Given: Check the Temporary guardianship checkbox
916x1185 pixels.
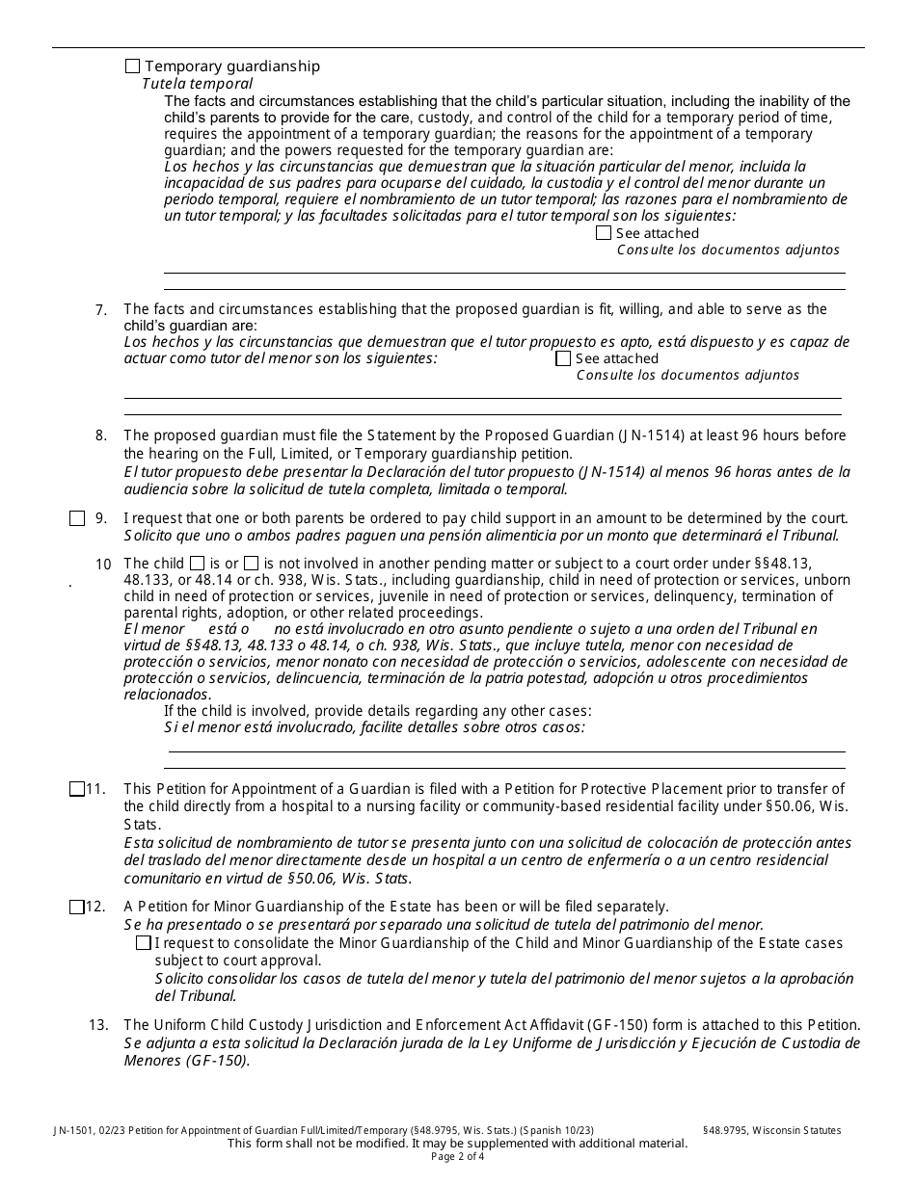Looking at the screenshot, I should (x=133, y=66).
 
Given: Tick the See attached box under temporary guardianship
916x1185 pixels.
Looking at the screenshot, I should (x=604, y=233).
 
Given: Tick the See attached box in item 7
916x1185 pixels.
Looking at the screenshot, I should (x=564, y=358).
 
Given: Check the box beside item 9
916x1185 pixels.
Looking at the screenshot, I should (x=77, y=518).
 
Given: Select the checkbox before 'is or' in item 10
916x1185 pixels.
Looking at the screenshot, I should (x=198, y=563).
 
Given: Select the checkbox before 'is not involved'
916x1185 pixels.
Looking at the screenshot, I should (x=251, y=563).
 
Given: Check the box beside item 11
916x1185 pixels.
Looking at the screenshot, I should (x=77, y=789).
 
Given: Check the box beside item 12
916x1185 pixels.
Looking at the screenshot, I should (x=77, y=907).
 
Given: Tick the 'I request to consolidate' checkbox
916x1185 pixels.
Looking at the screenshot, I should (x=144, y=942).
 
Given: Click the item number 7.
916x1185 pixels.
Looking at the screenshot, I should (x=101, y=310).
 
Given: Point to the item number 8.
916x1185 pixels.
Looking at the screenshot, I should (x=101, y=435).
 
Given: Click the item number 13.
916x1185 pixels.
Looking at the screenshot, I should (x=98, y=1025).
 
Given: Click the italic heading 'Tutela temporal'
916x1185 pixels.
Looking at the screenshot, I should (x=197, y=84).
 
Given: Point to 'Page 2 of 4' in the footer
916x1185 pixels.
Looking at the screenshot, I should (x=458, y=1156).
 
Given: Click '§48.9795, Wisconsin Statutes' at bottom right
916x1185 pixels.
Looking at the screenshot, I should (x=771, y=1130).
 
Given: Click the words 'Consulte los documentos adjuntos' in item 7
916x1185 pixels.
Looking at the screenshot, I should (x=687, y=375).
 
